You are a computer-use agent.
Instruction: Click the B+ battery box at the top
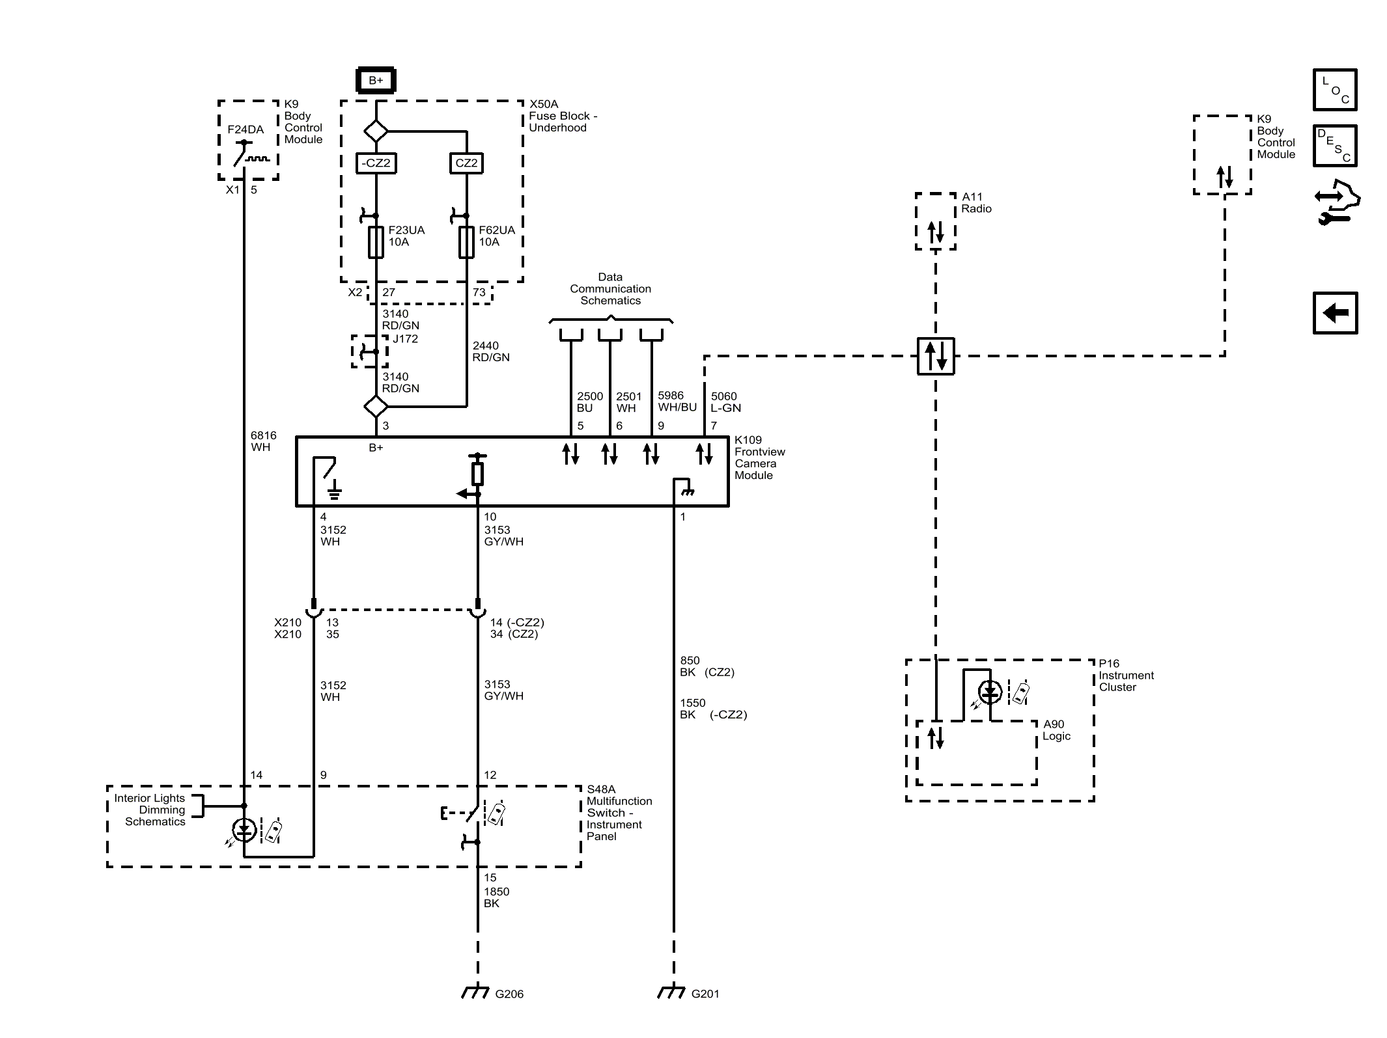click(x=376, y=80)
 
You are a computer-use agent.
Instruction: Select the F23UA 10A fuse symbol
click(x=376, y=242)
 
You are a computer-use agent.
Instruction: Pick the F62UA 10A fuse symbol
click(x=466, y=242)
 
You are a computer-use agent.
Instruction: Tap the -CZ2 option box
click(x=376, y=163)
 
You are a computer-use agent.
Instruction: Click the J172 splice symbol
click(x=370, y=351)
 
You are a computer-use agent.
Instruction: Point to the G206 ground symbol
click(x=475, y=992)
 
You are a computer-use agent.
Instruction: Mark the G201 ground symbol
click(x=671, y=992)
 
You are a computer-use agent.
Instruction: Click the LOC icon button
click(x=1335, y=90)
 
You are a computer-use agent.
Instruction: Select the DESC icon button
click(x=1335, y=146)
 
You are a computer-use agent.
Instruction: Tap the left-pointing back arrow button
click(x=1335, y=313)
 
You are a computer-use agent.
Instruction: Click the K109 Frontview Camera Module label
click(x=759, y=458)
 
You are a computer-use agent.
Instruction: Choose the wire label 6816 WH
click(x=263, y=441)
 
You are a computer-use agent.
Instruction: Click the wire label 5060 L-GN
click(x=725, y=402)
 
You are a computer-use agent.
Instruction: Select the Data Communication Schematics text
click(x=610, y=289)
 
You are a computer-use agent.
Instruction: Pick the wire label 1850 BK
click(x=496, y=897)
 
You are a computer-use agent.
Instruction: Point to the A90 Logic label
click(x=1056, y=730)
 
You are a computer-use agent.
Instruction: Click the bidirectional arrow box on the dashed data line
click(x=936, y=356)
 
